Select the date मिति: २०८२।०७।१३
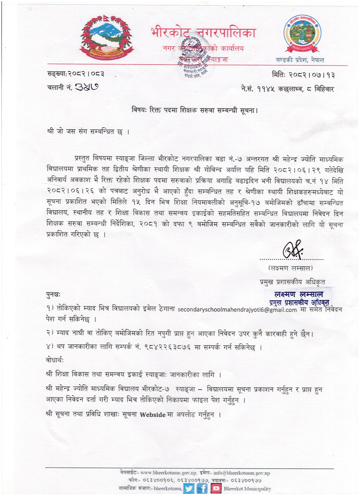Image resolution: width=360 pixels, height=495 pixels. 303,75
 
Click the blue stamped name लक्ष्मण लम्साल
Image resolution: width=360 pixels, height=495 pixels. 299,294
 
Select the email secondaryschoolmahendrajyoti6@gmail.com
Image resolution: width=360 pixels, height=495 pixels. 237,309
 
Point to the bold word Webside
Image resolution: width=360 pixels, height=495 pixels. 152,415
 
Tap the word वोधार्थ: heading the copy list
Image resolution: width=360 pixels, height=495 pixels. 55,360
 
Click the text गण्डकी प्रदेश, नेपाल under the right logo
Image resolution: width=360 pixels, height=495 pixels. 300,60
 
